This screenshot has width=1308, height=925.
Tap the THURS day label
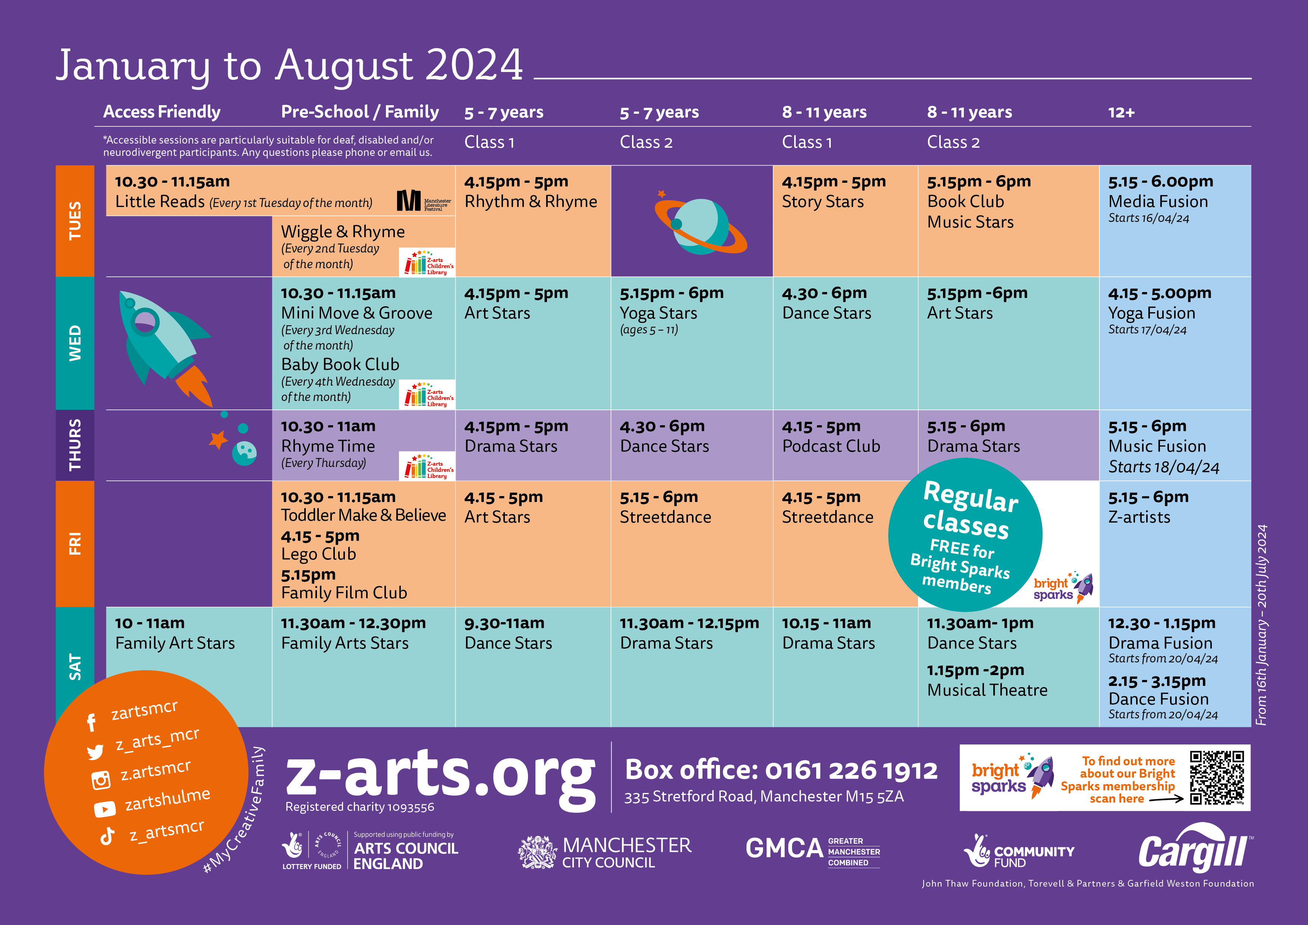(x=75, y=445)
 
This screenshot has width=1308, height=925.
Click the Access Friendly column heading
(x=162, y=112)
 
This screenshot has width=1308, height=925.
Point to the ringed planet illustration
(x=701, y=223)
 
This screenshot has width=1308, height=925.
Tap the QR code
(x=1217, y=777)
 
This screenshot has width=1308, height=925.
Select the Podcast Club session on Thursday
(x=831, y=446)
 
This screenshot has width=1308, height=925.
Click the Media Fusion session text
(x=1158, y=202)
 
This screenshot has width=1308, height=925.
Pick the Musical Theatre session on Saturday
(x=987, y=690)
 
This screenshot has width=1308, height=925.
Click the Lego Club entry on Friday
(x=318, y=554)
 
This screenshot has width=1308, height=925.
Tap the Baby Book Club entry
(x=340, y=365)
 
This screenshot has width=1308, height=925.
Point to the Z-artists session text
(x=1139, y=517)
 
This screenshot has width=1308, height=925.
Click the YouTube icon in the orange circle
(x=105, y=809)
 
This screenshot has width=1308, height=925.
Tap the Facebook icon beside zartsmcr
(x=91, y=722)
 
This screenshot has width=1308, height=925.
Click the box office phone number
(x=851, y=771)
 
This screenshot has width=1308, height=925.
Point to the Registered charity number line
(x=359, y=807)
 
